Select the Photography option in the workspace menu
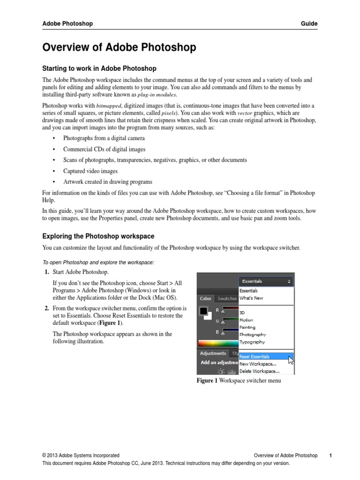253,335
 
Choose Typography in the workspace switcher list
252,342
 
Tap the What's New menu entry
251,298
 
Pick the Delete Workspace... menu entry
259,371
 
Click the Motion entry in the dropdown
247,320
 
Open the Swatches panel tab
227,299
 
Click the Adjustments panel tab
213,353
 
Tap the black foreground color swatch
203,311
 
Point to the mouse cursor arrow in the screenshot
291,360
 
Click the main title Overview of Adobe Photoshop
120,47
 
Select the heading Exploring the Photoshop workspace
98,236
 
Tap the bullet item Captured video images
90,171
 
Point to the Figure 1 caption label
207,381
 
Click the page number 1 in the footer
330,455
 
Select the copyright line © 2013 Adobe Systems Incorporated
81,455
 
